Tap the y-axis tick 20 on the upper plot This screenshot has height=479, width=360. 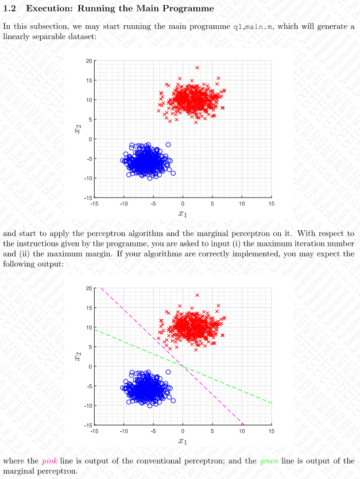pyautogui.click(x=88, y=60)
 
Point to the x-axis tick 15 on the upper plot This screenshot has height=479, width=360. pyautogui.click(x=271, y=204)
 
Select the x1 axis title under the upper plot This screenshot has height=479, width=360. pyautogui.click(x=183, y=214)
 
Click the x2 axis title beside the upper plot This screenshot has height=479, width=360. pyautogui.click(x=76, y=129)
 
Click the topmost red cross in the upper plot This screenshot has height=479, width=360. pyautogui.click(x=197, y=67)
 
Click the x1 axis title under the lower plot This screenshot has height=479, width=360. pyautogui.click(x=183, y=441)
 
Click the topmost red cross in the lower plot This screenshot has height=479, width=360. pyautogui.click(x=197, y=295)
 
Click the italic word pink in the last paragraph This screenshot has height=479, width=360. pyautogui.click(x=49, y=461)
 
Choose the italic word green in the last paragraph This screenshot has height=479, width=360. pyautogui.click(x=269, y=461)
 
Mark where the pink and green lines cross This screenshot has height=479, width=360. pyautogui.click(x=183, y=366)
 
